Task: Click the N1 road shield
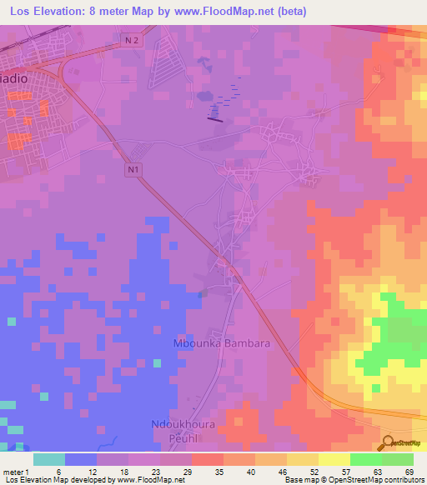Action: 133,170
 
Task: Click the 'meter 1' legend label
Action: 18,472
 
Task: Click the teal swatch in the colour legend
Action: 49,459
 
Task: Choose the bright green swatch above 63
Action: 365,459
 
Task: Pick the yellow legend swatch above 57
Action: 334,459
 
